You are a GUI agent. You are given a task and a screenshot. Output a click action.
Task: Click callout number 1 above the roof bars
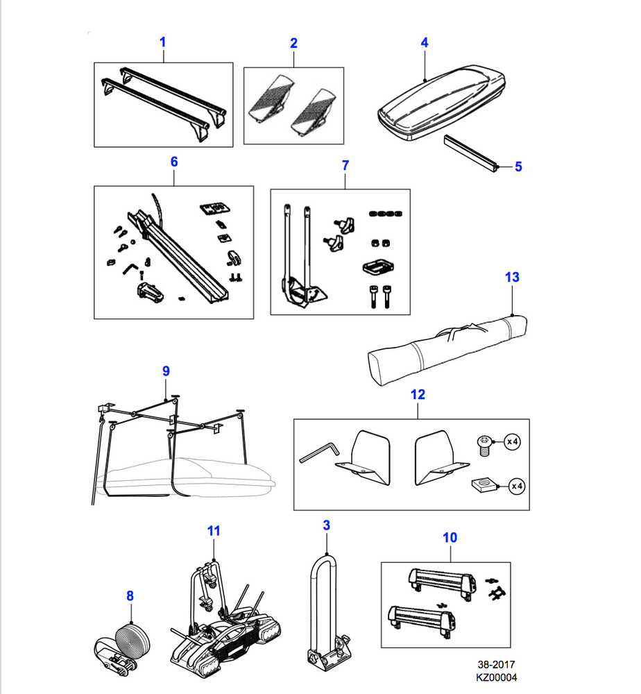[x=162, y=42]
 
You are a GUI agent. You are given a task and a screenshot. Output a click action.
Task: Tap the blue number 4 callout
[x=425, y=42]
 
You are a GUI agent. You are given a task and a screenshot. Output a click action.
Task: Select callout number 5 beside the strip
[x=518, y=167]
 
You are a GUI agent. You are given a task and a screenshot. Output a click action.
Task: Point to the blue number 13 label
[x=511, y=278]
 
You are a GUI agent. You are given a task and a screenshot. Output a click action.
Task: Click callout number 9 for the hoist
[x=166, y=371]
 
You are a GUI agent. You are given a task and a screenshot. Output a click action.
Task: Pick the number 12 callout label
[x=418, y=395]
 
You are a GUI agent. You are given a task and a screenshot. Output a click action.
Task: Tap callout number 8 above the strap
[x=130, y=595]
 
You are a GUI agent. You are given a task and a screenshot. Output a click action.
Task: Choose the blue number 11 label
[x=214, y=531]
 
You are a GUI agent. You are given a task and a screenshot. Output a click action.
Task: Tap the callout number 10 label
[x=450, y=537]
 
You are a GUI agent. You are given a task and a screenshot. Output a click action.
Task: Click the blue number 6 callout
[x=174, y=162]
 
